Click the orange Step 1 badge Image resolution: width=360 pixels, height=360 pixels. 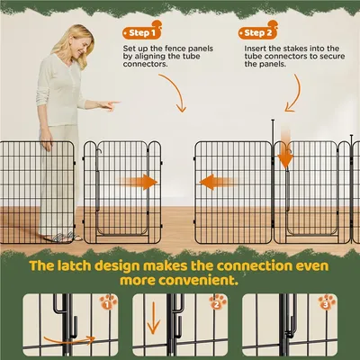point(142,31)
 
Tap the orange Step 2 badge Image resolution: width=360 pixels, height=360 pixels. point(258,31)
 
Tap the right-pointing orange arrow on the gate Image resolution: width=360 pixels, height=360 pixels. point(139,182)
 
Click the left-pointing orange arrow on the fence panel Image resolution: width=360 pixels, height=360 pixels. point(218,182)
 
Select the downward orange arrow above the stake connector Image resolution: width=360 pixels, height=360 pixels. point(285,148)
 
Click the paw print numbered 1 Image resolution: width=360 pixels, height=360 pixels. point(108,302)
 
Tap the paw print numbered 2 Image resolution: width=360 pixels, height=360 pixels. point(218,302)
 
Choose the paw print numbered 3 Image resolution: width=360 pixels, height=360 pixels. point(327,302)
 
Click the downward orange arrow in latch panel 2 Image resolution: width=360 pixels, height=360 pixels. point(153,318)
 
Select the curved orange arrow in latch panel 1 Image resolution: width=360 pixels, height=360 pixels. point(69,341)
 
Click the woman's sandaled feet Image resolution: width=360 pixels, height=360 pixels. point(63,237)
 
